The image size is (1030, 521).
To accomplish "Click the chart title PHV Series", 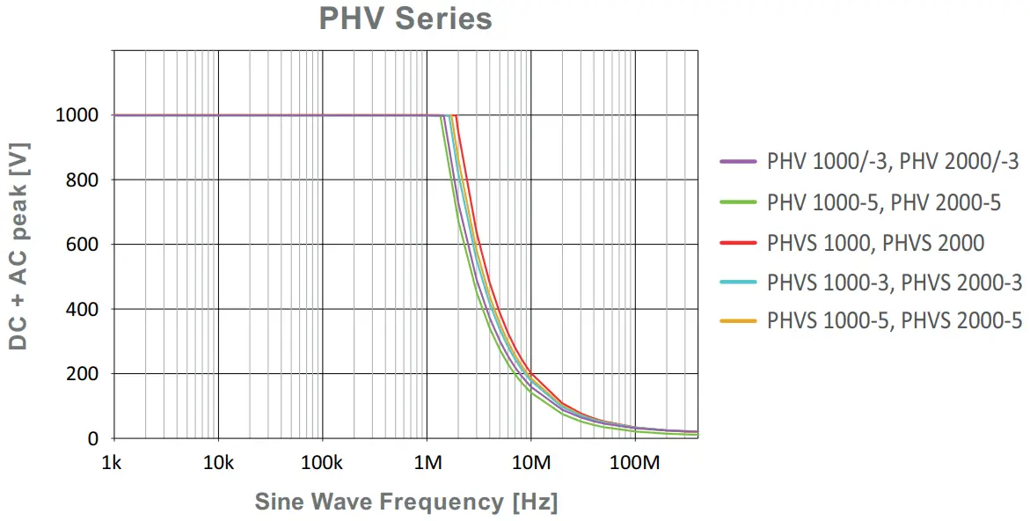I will (x=405, y=18).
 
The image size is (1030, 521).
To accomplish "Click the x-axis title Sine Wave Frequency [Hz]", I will (x=405, y=502).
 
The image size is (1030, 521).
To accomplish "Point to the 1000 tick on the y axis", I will (x=79, y=115).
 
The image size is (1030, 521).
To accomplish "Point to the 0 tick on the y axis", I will (x=94, y=438).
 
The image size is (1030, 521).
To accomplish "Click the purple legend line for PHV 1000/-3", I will (x=738, y=162).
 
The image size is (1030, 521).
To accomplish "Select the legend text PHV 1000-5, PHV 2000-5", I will (x=884, y=202).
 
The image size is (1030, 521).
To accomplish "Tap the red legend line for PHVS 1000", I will (x=738, y=243).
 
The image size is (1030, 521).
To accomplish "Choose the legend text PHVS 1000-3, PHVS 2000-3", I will (x=895, y=283).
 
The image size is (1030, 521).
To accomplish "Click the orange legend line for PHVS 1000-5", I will (x=738, y=321).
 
